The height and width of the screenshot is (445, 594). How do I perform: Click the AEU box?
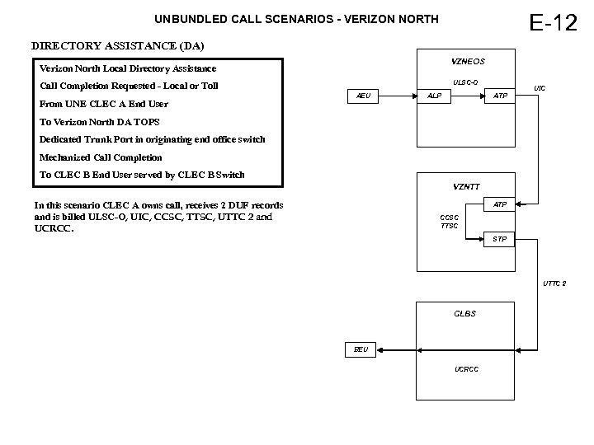(363, 96)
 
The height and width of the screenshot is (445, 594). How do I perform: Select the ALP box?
(434, 96)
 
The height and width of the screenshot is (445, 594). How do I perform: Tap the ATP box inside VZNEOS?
(500, 96)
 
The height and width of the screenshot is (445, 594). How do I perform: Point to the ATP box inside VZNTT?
(500, 204)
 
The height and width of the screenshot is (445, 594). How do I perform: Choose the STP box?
(500, 240)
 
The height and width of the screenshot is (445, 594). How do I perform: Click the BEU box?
(361, 349)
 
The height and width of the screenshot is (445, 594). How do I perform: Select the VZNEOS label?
(468, 62)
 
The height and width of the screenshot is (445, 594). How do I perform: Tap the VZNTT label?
(467, 186)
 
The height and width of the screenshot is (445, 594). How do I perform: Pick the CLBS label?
(465, 314)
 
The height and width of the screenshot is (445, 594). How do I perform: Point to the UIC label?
(540, 88)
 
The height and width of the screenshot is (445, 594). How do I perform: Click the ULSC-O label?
(465, 82)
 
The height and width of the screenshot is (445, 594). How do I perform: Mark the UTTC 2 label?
(554, 283)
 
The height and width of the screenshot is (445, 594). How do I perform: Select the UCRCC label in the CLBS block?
(466, 368)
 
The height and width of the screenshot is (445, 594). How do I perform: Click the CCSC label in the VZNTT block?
(450, 218)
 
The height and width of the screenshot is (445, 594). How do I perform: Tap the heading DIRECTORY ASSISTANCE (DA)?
(117, 44)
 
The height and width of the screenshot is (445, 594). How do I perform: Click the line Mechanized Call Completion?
(101, 157)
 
